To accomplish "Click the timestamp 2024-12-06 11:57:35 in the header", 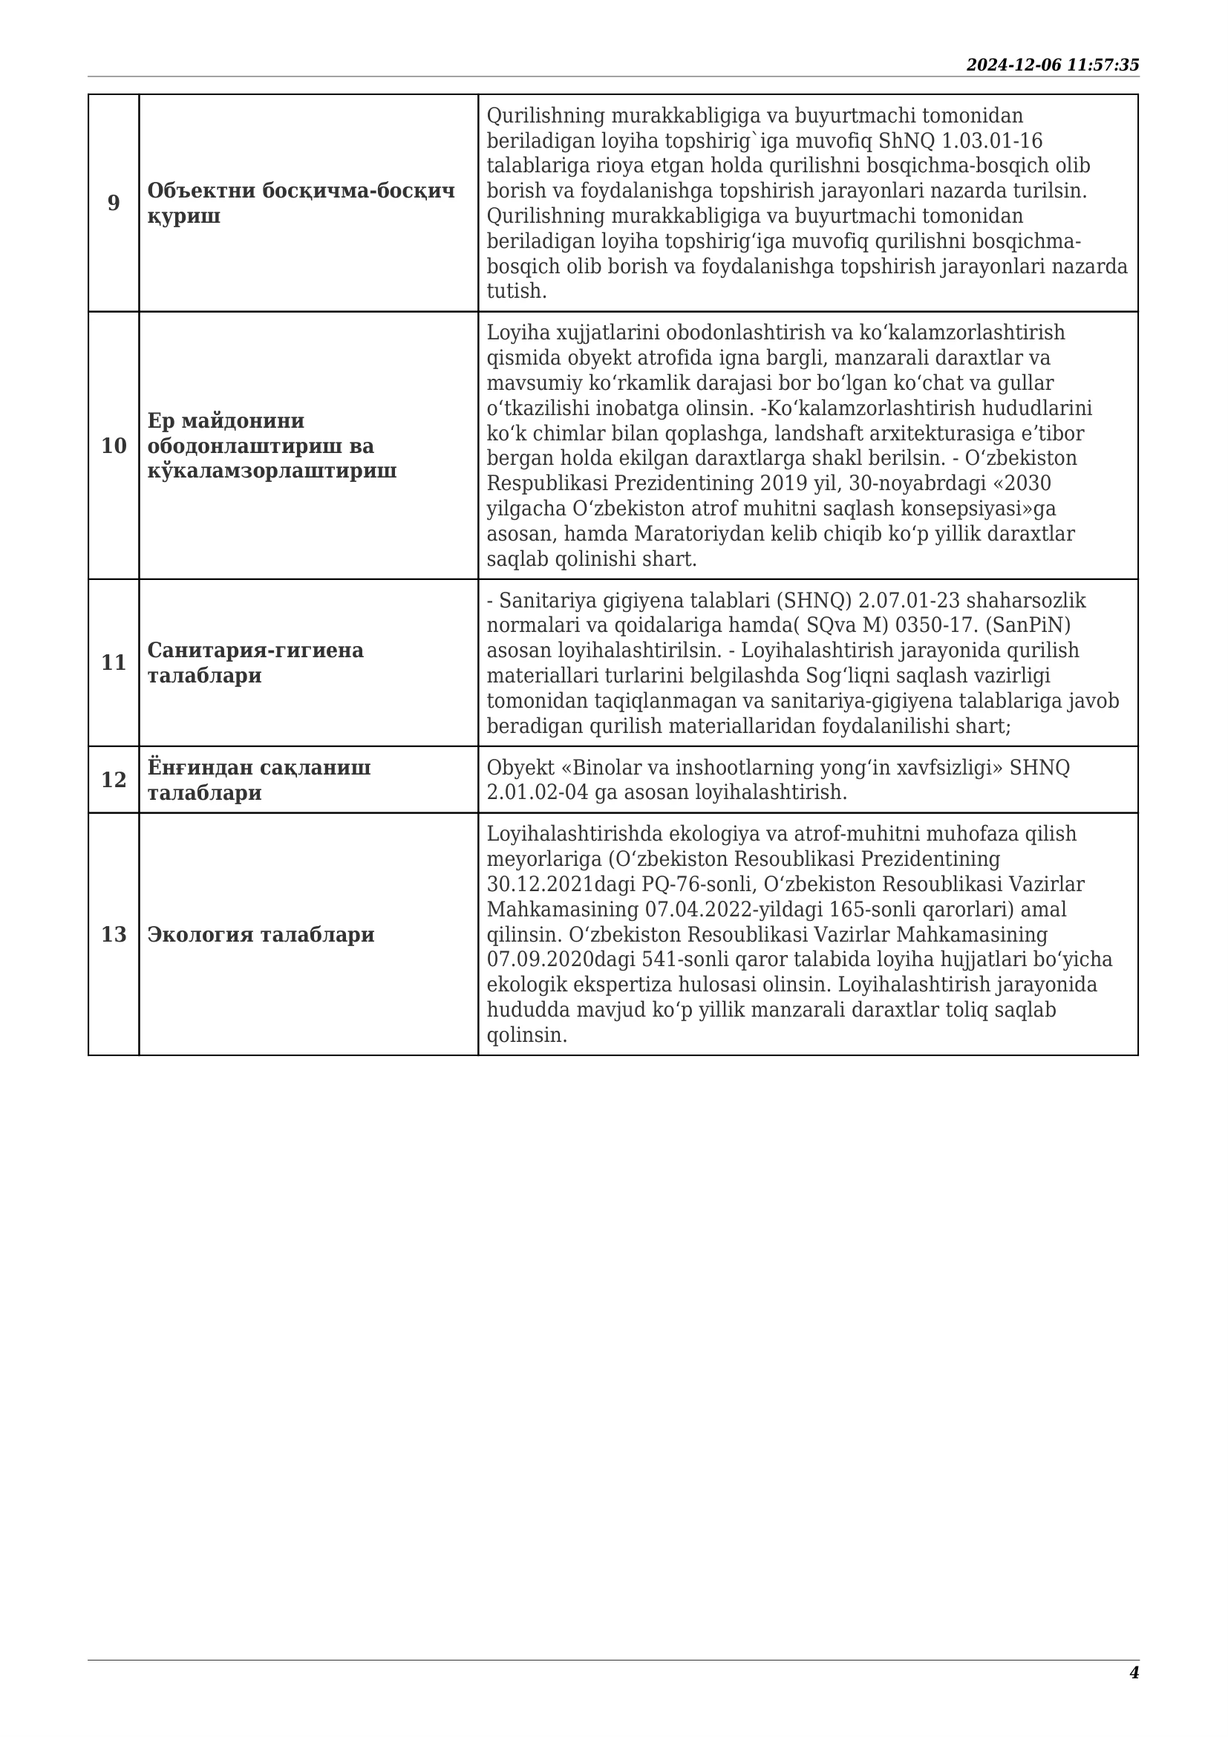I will [1052, 65].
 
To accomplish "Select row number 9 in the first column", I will [114, 203].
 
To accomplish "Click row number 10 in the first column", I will [114, 446].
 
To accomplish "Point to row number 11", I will [114, 662].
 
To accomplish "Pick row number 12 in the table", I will [114, 780].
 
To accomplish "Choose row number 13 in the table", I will [114, 934].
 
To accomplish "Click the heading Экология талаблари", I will [261, 934].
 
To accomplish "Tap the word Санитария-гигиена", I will [255, 650].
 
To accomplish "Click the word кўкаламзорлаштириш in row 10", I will [272, 471].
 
